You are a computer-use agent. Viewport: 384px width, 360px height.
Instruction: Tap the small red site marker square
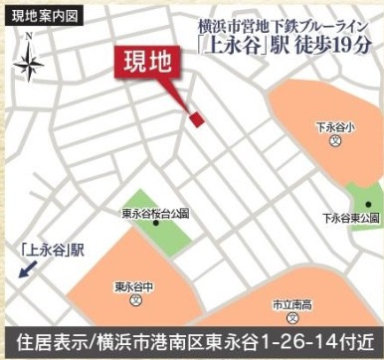pyautogui.click(x=197, y=118)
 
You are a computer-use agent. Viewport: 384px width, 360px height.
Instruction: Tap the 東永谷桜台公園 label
pyautogui.click(x=155, y=214)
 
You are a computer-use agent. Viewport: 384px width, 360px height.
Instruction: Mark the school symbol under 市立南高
pyautogui.click(x=292, y=317)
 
